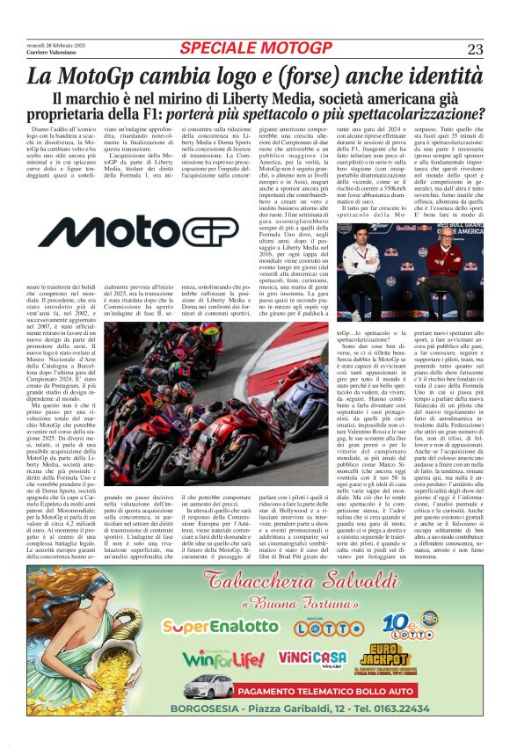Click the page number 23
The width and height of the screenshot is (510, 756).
[475, 48]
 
